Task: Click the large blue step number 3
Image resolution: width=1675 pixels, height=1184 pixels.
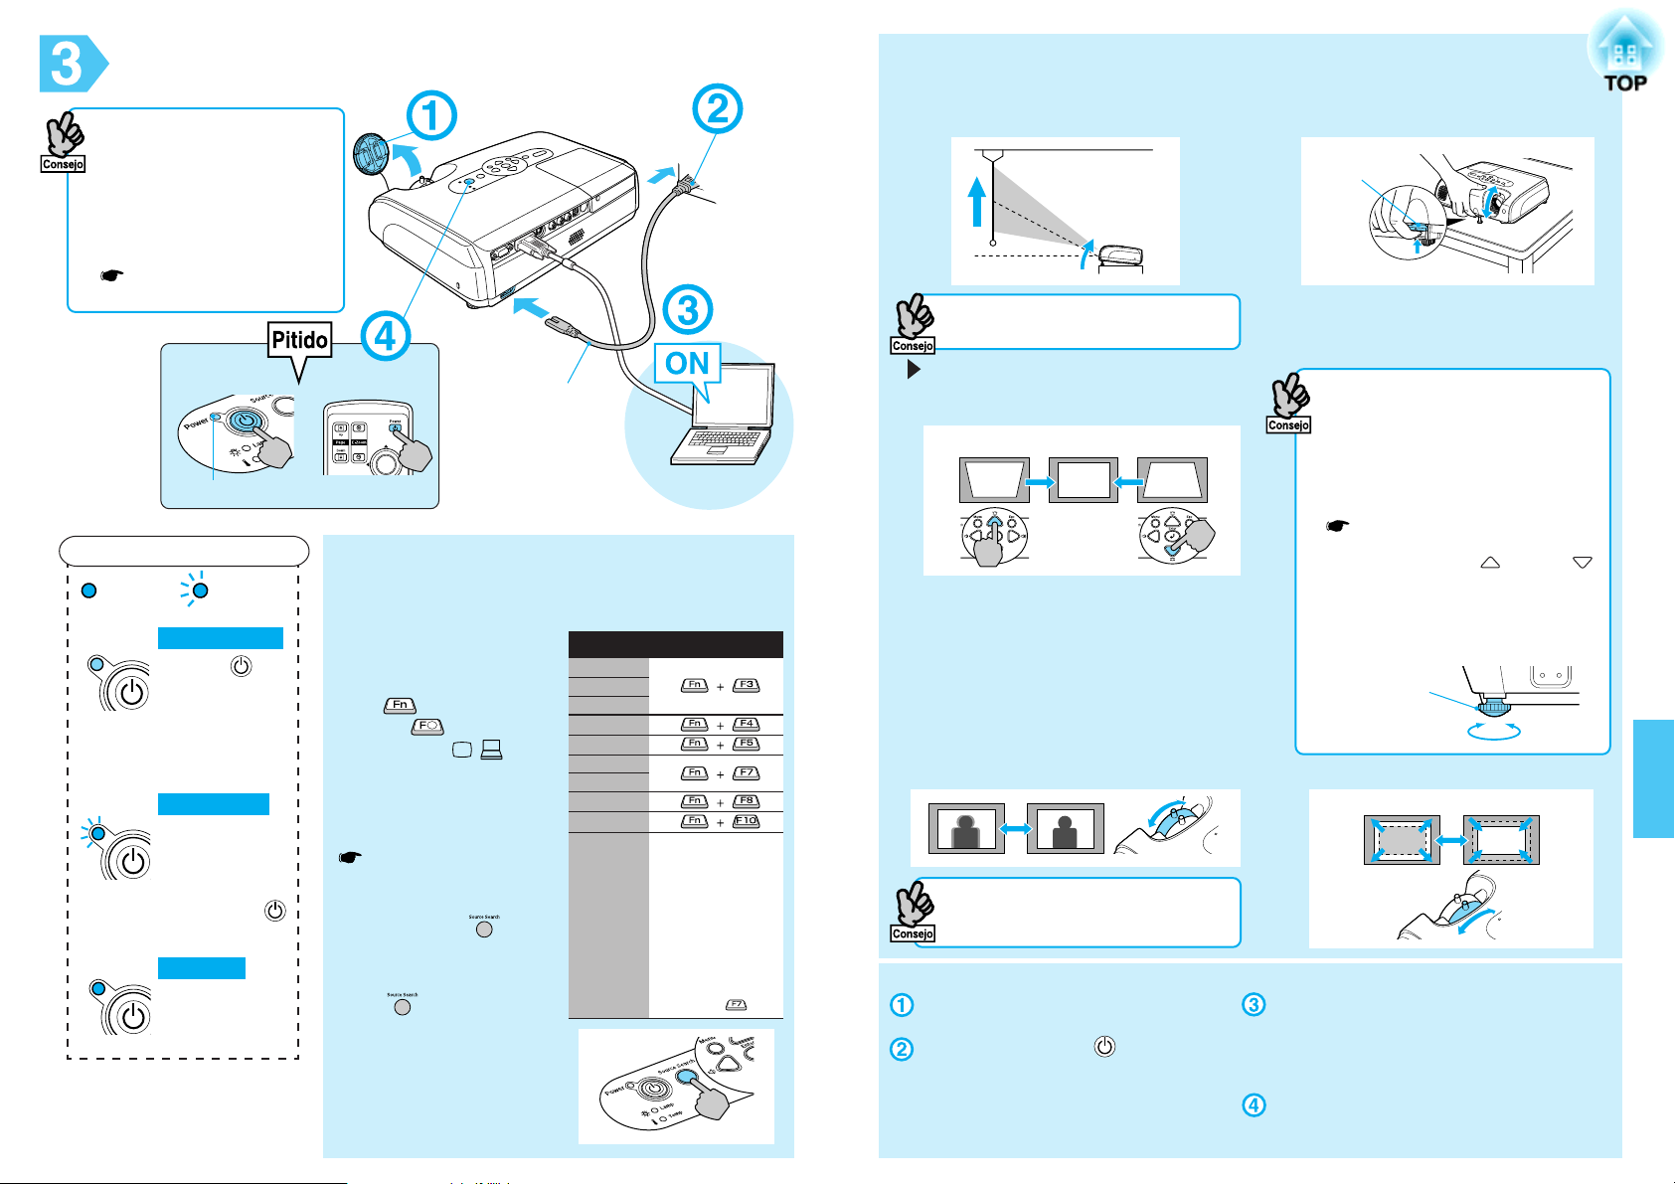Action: pyautogui.click(x=67, y=64)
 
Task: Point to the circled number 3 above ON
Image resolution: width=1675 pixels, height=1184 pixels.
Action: pyautogui.click(x=687, y=310)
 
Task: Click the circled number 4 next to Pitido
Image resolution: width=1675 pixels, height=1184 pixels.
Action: pyautogui.click(x=385, y=336)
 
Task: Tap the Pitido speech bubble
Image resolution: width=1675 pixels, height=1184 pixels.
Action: pyautogui.click(x=299, y=342)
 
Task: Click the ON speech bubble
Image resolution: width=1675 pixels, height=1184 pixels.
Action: pyautogui.click(x=687, y=364)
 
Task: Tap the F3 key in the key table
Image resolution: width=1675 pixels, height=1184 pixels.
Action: pyautogui.click(x=746, y=685)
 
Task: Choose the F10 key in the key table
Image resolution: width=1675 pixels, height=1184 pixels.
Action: pyautogui.click(x=746, y=821)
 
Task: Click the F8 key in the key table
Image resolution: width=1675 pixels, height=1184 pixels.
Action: pyautogui.click(x=746, y=801)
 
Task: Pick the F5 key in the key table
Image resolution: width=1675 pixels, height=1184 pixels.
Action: pyautogui.click(x=746, y=744)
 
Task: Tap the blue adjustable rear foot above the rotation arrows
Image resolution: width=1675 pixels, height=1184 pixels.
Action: pyautogui.click(x=1493, y=708)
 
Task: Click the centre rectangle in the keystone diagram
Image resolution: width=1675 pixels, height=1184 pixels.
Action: pyautogui.click(x=1084, y=480)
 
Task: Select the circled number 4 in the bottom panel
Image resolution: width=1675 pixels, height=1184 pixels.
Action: pyautogui.click(x=1255, y=1104)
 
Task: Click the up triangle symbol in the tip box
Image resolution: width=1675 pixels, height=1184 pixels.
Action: pyautogui.click(x=1489, y=563)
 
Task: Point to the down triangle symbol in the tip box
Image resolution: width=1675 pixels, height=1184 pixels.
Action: pyautogui.click(x=1583, y=563)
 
